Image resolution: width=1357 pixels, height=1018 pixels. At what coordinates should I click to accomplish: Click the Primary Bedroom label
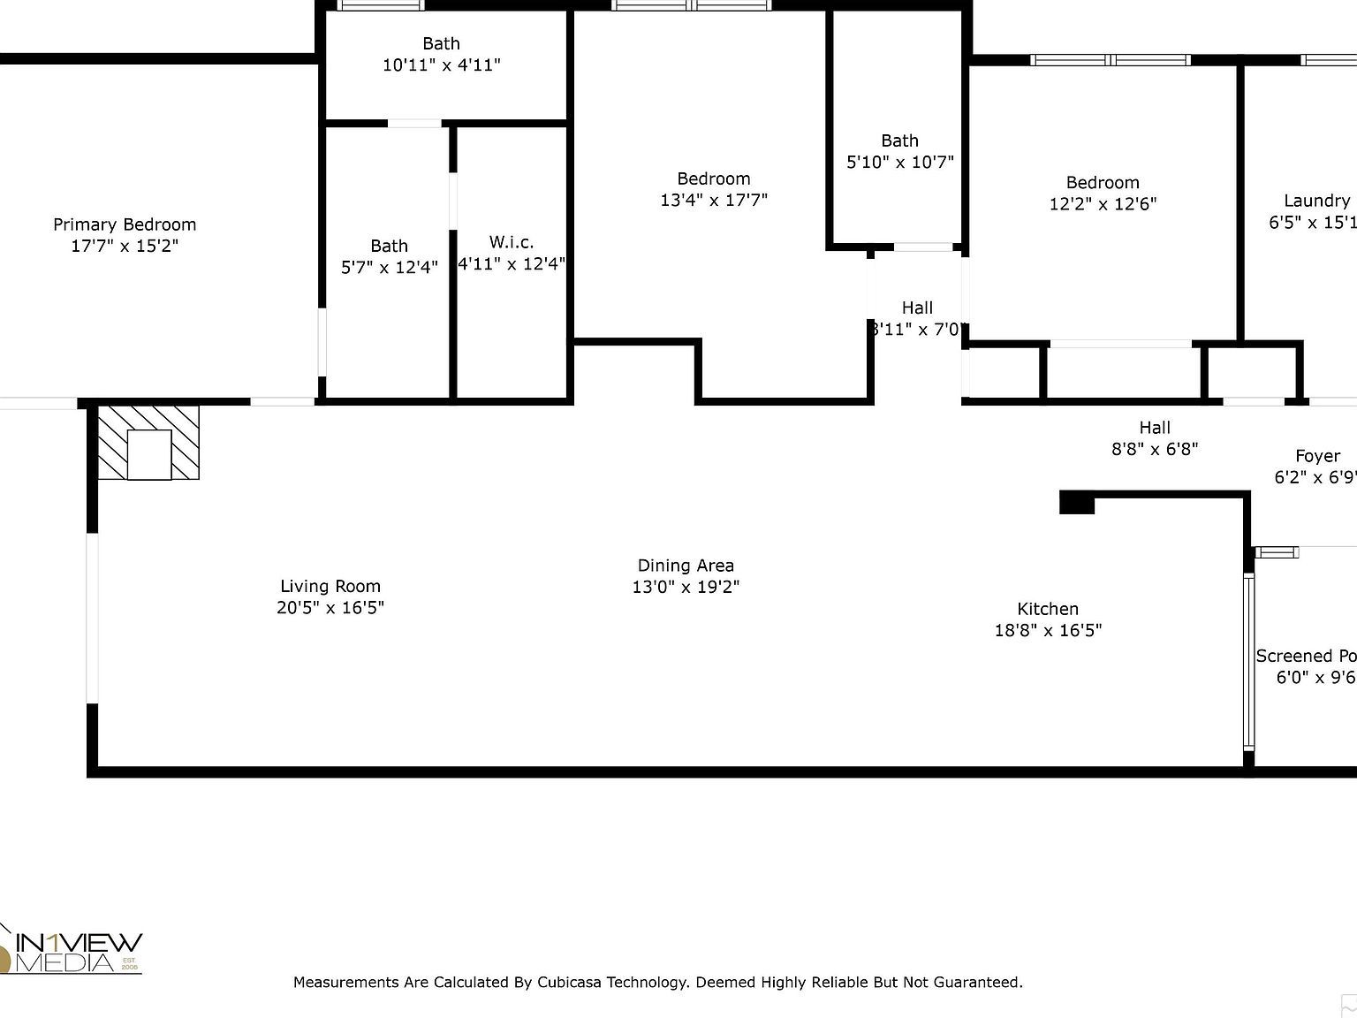[125, 224]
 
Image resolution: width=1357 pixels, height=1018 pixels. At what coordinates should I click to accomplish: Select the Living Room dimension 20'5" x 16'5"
[330, 608]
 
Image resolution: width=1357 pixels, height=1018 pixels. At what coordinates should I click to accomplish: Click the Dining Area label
[686, 566]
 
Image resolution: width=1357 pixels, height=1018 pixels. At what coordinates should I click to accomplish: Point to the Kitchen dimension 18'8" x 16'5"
[1048, 631]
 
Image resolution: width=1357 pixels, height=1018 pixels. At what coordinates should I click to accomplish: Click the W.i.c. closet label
[511, 242]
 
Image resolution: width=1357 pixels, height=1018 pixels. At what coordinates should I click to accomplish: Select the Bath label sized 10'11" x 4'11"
[441, 43]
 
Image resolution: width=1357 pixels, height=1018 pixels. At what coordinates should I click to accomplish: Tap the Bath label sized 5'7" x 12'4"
[389, 246]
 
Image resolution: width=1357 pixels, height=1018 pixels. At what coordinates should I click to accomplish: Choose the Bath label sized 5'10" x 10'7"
[899, 141]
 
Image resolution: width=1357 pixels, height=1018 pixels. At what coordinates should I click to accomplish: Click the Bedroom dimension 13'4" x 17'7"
[714, 201]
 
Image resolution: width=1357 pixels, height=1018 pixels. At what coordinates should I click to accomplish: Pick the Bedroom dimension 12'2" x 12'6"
[1103, 204]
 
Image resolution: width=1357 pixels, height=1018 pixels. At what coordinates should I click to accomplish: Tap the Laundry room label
[1315, 201]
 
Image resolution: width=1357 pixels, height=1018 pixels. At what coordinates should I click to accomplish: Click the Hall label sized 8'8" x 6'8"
[1154, 428]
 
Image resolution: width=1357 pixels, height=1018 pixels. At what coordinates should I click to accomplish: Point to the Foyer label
[1317, 456]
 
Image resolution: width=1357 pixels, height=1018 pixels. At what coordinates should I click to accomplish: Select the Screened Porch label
[1306, 656]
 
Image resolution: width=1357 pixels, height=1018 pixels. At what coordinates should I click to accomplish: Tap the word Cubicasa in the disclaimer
[570, 982]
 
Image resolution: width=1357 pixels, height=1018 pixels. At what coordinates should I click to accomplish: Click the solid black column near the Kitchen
[1076, 502]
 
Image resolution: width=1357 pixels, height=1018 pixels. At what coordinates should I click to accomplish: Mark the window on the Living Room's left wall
[92, 619]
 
